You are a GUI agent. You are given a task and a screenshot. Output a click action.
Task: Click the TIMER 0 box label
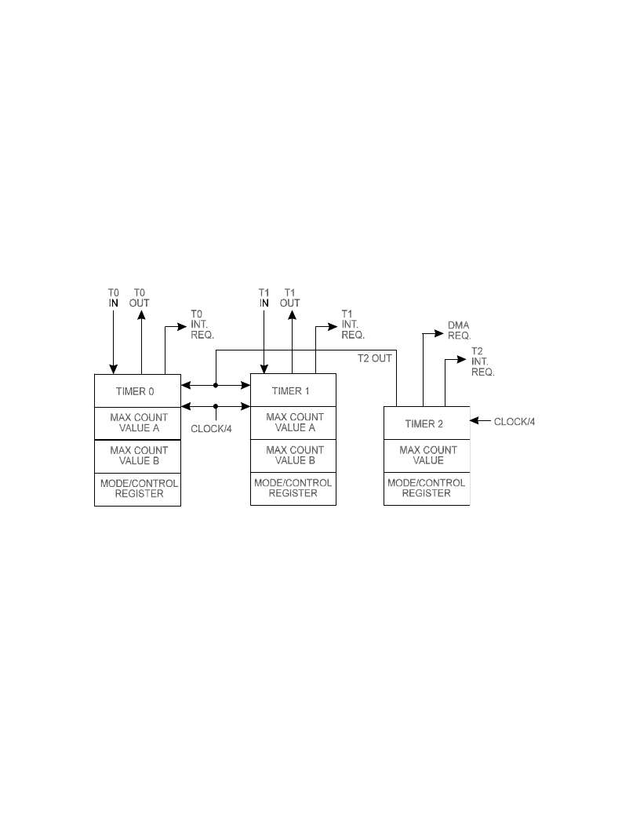[135, 391]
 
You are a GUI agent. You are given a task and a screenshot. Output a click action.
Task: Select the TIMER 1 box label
[290, 390]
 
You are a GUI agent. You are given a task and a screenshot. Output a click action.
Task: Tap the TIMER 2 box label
[424, 423]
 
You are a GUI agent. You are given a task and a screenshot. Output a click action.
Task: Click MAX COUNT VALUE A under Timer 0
[139, 423]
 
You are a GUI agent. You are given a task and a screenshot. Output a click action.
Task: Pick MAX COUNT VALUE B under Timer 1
[295, 456]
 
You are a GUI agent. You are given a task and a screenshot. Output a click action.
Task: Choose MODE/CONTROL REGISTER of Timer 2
[426, 488]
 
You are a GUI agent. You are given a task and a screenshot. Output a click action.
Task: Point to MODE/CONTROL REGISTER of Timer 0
[139, 488]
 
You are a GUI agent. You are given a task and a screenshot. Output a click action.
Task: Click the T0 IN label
[114, 298]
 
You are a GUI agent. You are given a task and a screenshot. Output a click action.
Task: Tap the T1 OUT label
[290, 298]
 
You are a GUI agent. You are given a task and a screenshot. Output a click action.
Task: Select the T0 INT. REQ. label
[202, 325]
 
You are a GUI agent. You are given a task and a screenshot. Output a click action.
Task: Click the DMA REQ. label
[460, 330]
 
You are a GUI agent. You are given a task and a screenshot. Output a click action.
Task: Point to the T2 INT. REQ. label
[482, 361]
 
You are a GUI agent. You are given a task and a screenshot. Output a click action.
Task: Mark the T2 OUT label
[374, 358]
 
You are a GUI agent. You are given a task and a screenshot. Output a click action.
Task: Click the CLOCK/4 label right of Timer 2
[515, 421]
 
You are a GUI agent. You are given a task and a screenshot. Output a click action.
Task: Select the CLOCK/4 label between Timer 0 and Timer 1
[211, 429]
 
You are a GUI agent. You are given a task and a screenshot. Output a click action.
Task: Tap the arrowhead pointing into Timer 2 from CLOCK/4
[474, 421]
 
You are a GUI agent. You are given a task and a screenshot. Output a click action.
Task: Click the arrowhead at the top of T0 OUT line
[141, 315]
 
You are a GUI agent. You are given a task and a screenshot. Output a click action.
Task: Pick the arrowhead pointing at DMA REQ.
[438, 333]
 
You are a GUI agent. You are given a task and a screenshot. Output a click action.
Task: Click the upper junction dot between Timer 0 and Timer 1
[216, 386]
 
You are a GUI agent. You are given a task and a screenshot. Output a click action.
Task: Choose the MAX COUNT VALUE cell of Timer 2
[427, 456]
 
